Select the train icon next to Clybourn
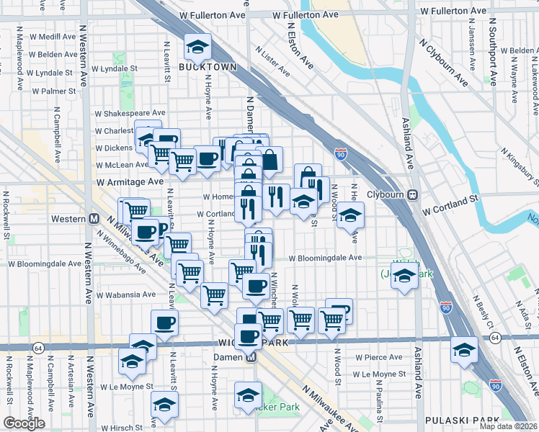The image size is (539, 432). pos(414,194)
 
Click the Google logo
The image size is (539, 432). pos(24,423)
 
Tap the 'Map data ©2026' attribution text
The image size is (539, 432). pos(508,426)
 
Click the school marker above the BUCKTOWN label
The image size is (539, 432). pos(196,46)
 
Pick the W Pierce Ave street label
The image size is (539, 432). pos(378,357)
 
